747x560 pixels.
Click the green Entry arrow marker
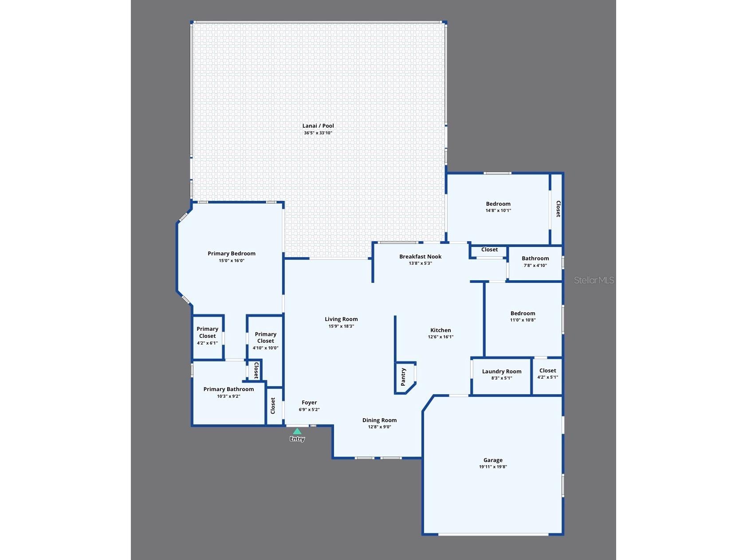coord(297,431)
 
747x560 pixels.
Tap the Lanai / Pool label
coord(318,126)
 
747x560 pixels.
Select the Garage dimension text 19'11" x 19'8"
coord(493,467)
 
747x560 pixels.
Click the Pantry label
coord(403,377)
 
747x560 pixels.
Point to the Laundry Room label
coord(502,372)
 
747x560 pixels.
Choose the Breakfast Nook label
coord(421,256)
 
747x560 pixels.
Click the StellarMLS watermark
coord(594,280)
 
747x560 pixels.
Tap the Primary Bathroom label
coord(228,389)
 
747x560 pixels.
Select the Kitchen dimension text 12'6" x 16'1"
coord(440,337)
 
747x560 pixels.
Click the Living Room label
coord(341,319)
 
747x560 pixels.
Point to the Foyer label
coord(309,403)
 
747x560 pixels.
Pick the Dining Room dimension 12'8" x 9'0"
coord(379,427)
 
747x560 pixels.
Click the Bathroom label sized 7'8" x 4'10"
coord(535,258)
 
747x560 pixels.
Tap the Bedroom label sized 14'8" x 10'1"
coord(498,204)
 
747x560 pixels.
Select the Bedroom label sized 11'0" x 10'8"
coord(523,313)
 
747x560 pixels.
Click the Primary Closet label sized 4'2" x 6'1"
coord(207,332)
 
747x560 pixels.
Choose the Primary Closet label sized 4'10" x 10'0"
coord(265,337)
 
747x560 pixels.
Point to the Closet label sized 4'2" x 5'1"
coord(547,371)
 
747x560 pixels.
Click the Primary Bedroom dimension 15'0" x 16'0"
coord(232,261)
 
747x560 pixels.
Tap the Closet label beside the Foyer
coord(273,406)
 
